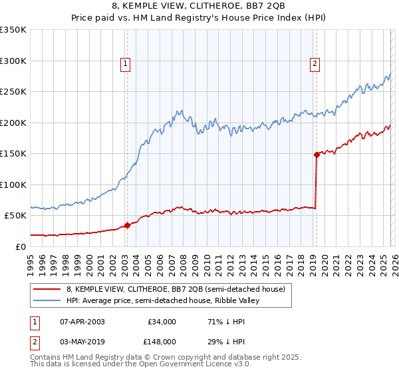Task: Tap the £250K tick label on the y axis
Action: (x=13, y=92)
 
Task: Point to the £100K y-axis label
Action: (x=13, y=185)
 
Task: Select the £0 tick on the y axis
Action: (x=20, y=246)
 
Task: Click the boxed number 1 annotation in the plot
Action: (x=126, y=64)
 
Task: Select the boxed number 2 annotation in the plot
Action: (x=315, y=64)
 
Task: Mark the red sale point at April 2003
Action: (x=127, y=225)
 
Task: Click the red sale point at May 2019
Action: (x=316, y=155)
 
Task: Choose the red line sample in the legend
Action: (x=47, y=289)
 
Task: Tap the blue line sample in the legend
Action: (x=47, y=300)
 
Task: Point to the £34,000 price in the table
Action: (x=162, y=322)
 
